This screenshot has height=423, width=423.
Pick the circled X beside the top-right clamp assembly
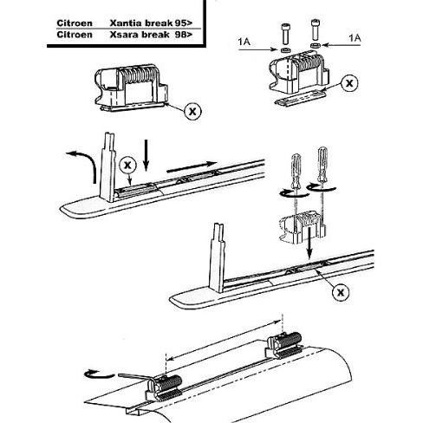[x=349, y=83]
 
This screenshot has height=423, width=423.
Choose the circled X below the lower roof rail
[x=340, y=293]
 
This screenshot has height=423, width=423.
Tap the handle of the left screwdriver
[x=292, y=161]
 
